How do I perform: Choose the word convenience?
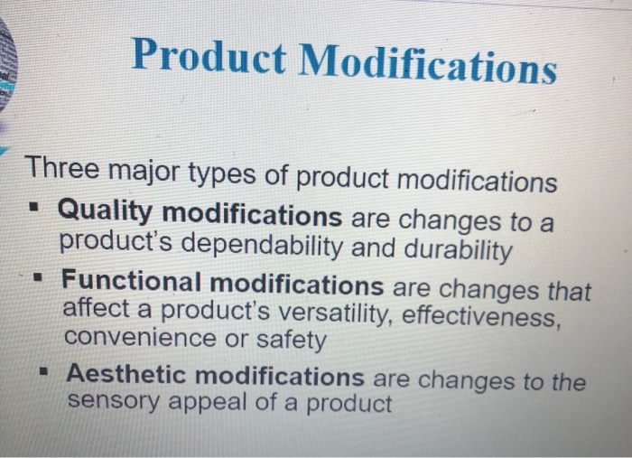pyautogui.click(x=141, y=338)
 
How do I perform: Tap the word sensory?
pyautogui.click(x=115, y=400)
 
